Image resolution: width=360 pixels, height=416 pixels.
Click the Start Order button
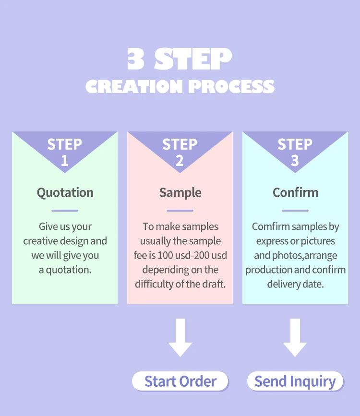click(180, 381)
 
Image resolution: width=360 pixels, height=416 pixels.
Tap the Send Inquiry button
click(295, 381)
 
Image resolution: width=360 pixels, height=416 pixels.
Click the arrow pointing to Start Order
click(180, 338)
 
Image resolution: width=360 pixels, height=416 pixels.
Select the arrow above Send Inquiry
click(295, 338)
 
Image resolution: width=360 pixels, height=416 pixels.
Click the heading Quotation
click(65, 193)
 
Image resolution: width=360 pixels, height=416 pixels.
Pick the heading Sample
click(180, 193)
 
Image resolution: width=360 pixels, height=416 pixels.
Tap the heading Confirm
click(295, 193)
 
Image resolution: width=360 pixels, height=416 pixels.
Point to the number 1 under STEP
click(64, 161)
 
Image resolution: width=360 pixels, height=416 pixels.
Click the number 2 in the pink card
click(180, 161)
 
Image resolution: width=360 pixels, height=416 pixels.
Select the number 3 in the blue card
click(295, 161)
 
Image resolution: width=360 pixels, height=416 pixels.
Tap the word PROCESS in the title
click(231, 87)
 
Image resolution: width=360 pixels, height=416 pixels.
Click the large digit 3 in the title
click(136, 59)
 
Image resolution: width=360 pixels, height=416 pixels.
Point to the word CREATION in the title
click(134, 87)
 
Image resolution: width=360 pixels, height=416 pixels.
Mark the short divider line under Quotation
click(65, 210)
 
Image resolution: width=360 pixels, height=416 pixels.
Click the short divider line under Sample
click(180, 210)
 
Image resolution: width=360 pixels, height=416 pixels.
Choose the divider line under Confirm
click(295, 210)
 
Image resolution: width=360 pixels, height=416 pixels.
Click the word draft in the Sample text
click(213, 284)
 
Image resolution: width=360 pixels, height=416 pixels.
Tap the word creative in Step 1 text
click(40, 241)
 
